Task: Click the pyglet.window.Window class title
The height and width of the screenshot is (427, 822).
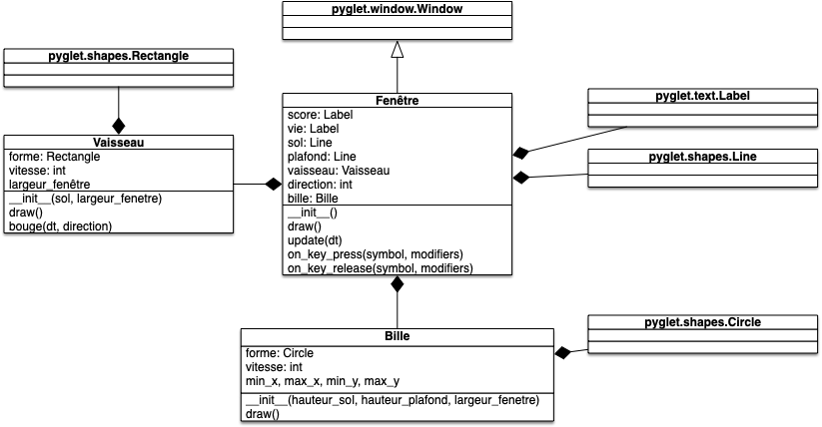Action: click(398, 9)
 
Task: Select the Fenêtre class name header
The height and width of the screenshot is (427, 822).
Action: click(397, 101)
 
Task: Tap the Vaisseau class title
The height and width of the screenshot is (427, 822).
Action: click(118, 143)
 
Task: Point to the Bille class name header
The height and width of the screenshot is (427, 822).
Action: click(397, 336)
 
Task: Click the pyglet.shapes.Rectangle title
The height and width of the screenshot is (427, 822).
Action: click(118, 56)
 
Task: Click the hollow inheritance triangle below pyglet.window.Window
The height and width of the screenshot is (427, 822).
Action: click(398, 49)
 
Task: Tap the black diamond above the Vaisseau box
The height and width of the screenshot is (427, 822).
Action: click(119, 126)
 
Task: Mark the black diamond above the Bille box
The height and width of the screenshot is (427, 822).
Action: click(398, 283)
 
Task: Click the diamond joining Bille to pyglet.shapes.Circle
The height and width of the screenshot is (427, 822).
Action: click(562, 352)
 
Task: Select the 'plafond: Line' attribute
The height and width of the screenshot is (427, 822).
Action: click(322, 157)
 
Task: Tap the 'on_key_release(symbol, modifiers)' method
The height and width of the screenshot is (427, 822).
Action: click(380, 268)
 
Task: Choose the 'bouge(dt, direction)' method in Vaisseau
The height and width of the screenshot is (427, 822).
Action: click(60, 226)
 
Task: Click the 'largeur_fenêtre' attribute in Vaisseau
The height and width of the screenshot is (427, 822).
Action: click(50, 185)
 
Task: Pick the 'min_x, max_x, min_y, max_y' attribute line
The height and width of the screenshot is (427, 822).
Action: click(322, 381)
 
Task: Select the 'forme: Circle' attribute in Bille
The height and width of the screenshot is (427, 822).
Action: click(279, 353)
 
